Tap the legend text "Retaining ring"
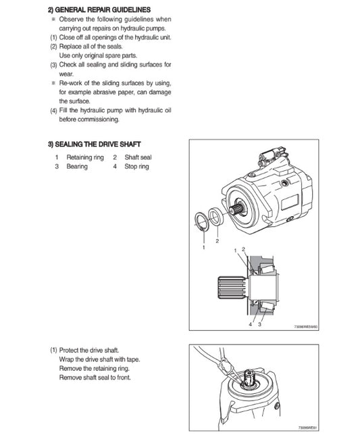pyautogui.click(x=84, y=157)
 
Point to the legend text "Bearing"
pyautogui.click(x=76, y=166)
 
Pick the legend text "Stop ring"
pyautogui.click(x=136, y=166)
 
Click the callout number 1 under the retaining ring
pyautogui.click(x=203, y=248)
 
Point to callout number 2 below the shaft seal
pyautogui.click(x=217, y=240)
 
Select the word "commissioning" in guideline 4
pyautogui.click(x=99, y=120)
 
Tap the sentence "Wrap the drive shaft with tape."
pyautogui.click(x=101, y=360)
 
